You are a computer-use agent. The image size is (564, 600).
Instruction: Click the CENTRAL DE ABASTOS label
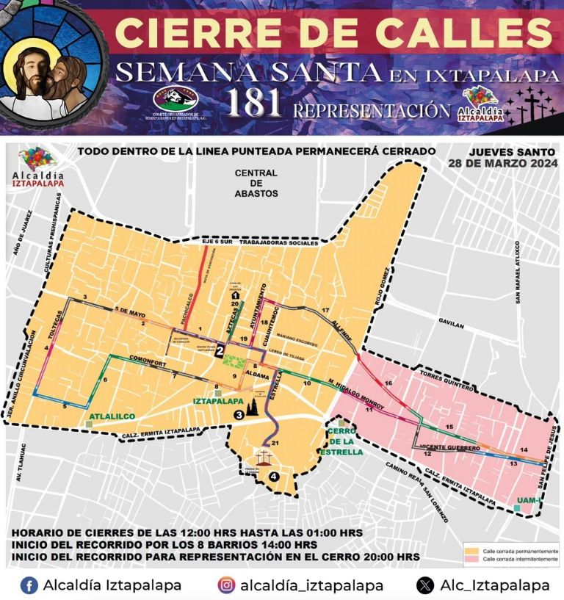pyautogui.click(x=256, y=183)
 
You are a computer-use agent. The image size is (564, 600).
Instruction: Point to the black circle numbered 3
pyautogui.click(x=238, y=415)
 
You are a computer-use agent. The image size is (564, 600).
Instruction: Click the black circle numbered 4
pyautogui.click(x=274, y=476)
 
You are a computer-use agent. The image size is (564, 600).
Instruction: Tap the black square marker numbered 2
pyautogui.click(x=220, y=352)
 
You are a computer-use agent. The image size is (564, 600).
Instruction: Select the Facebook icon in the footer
pyautogui.click(x=29, y=585)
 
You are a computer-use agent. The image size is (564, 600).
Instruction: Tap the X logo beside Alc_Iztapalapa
pyautogui.click(x=425, y=585)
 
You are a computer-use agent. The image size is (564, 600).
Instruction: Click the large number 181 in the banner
pyautogui.click(x=254, y=104)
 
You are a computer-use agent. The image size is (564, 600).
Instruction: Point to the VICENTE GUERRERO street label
pyautogui.click(x=452, y=447)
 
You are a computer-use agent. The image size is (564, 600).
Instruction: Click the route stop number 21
pyautogui.click(x=275, y=444)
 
